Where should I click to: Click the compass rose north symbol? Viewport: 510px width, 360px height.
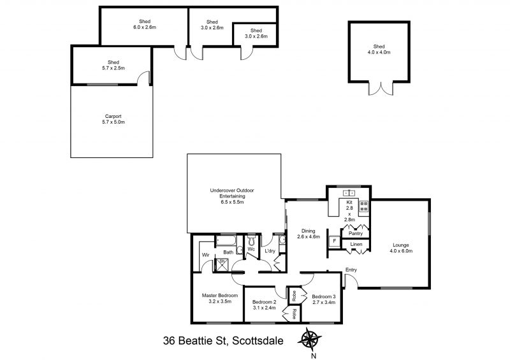click(309, 340)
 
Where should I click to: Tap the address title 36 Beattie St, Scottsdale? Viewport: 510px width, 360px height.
click(223, 341)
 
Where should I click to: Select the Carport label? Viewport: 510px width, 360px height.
click(113, 119)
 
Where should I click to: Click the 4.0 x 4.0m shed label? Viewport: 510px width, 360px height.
click(379, 49)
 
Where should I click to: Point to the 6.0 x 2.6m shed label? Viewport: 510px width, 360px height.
click(145, 24)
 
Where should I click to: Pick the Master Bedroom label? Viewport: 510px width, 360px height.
click(220, 298)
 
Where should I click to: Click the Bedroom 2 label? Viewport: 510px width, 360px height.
click(264, 305)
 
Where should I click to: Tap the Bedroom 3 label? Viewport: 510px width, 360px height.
click(324, 299)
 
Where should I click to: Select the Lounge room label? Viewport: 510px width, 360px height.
click(401, 248)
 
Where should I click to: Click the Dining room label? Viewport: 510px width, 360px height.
click(309, 233)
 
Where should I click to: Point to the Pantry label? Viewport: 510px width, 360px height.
click(356, 233)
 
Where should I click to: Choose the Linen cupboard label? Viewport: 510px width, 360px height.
click(356, 244)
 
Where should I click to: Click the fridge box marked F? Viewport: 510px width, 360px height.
click(334, 241)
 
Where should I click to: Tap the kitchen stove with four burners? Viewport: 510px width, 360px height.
click(363, 206)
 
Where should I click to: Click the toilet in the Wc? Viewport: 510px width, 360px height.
click(252, 241)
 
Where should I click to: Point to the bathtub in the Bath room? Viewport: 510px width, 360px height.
click(226, 240)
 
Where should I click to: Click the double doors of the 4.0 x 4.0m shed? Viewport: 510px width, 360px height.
click(381, 89)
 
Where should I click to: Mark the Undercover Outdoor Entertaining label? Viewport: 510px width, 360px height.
click(232, 196)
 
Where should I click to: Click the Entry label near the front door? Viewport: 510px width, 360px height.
click(351, 270)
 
